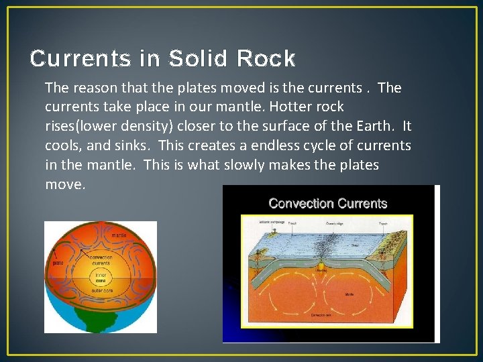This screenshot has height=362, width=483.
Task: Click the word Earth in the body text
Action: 378,126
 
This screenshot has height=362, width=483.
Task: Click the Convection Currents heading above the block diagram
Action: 328,203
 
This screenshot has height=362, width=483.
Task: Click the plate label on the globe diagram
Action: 58,263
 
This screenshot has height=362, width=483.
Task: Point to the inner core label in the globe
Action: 101,275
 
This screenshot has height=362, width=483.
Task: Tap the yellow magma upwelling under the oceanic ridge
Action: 321,266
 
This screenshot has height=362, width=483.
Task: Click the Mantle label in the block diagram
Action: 349,294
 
